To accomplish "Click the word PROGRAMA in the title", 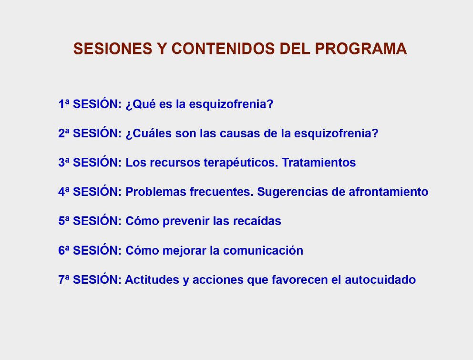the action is [x=361, y=49].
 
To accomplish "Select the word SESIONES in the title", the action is [x=113, y=49].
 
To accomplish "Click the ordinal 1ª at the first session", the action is [x=63, y=104].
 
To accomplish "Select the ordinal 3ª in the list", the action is [x=63, y=163].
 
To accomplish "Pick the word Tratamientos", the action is [x=319, y=163].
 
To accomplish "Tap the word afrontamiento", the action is [x=389, y=192].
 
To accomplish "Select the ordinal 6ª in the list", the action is [x=63, y=250].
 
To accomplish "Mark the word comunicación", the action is [x=263, y=250].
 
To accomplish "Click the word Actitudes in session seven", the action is [x=152, y=280].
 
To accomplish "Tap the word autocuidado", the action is [x=380, y=280].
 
